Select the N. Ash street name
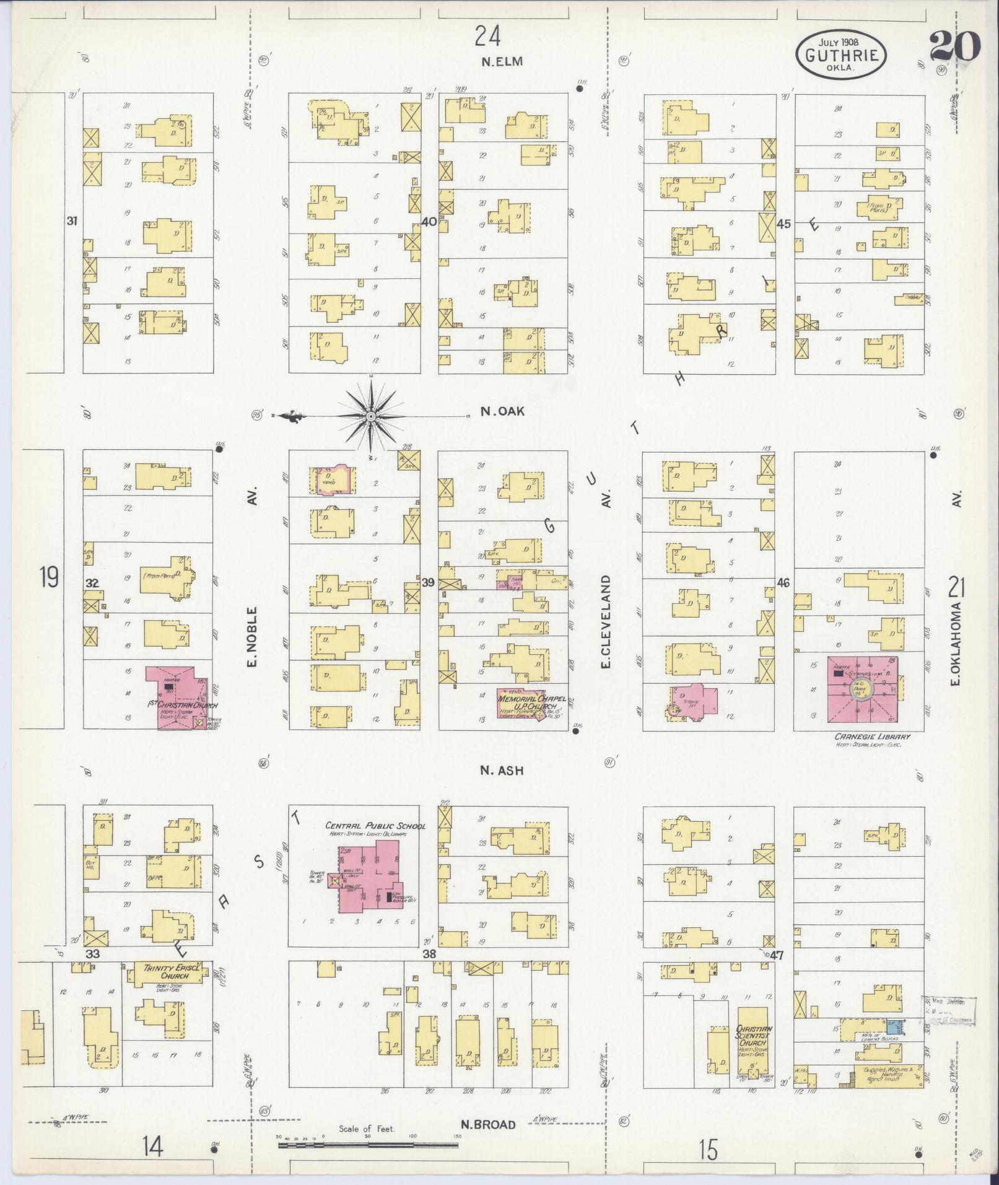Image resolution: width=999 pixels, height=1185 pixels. point(502,771)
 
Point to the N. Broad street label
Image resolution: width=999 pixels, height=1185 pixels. point(488,1124)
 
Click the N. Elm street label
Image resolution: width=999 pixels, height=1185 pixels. point(502,61)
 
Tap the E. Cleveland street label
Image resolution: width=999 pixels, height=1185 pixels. point(606,621)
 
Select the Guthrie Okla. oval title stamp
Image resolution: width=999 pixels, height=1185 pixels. point(840,56)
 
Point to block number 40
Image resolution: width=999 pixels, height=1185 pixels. point(429,222)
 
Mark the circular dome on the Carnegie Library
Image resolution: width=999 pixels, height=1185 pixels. point(862,688)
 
